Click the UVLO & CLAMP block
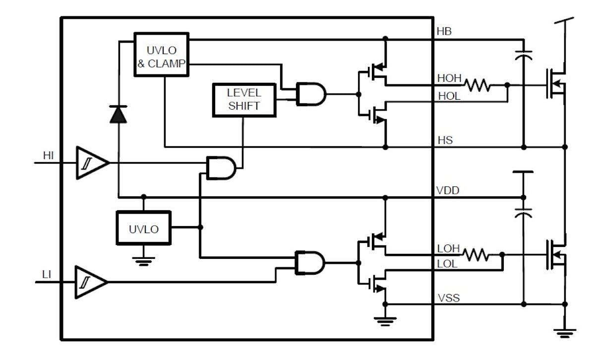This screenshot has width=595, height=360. [x=161, y=55]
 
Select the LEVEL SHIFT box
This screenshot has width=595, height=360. [x=243, y=99]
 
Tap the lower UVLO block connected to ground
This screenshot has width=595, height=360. [x=143, y=228]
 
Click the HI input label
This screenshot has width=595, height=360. [x=48, y=156]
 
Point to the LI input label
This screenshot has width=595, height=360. [x=47, y=274]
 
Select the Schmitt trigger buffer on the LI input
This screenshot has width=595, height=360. [x=90, y=282]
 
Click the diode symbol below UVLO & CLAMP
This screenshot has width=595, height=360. [x=119, y=114]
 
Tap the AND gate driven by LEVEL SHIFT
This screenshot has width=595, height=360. [x=310, y=94]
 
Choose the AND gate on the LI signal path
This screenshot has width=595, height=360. [x=309, y=262]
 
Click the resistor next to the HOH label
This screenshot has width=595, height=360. [x=477, y=85]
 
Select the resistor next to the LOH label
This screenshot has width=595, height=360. [x=476, y=255]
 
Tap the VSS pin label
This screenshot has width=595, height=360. [x=448, y=298]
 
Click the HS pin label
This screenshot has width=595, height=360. [x=445, y=141]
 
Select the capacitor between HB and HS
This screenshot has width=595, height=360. [x=524, y=56]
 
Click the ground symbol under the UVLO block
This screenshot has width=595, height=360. [x=143, y=262]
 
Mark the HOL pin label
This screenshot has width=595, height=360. [x=449, y=96]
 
